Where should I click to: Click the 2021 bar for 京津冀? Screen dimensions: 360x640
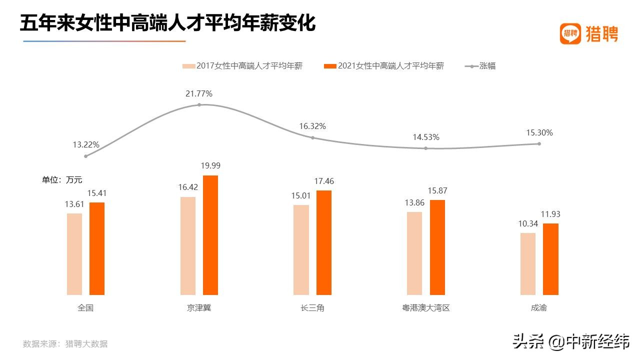[x=210, y=235]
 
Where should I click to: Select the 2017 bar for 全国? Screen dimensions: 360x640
[x=74, y=254]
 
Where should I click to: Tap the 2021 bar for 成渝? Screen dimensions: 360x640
[x=550, y=259]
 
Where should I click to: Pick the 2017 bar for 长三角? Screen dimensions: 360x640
[x=301, y=250]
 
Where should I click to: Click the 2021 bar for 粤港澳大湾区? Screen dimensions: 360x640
[x=437, y=247]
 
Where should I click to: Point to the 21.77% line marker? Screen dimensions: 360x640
[x=199, y=104]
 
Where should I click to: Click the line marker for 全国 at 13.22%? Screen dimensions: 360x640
[x=86, y=156]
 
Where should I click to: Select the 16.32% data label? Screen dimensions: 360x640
[x=312, y=126]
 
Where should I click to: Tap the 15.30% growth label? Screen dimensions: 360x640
[x=539, y=133]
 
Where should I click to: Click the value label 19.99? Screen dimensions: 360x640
[x=210, y=166]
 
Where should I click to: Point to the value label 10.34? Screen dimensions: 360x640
[x=528, y=223]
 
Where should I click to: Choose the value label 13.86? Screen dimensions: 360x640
[x=414, y=202]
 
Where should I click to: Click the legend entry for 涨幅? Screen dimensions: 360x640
[x=487, y=66]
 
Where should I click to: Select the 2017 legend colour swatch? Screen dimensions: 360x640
[x=188, y=66]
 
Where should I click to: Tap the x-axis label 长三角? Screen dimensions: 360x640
[x=312, y=308]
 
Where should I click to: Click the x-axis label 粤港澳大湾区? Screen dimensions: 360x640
[x=426, y=308]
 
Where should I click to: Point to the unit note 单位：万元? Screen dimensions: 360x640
[x=62, y=180]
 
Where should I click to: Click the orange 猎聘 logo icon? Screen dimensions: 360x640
[x=570, y=33]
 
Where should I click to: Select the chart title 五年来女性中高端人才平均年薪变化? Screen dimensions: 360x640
[x=168, y=23]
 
